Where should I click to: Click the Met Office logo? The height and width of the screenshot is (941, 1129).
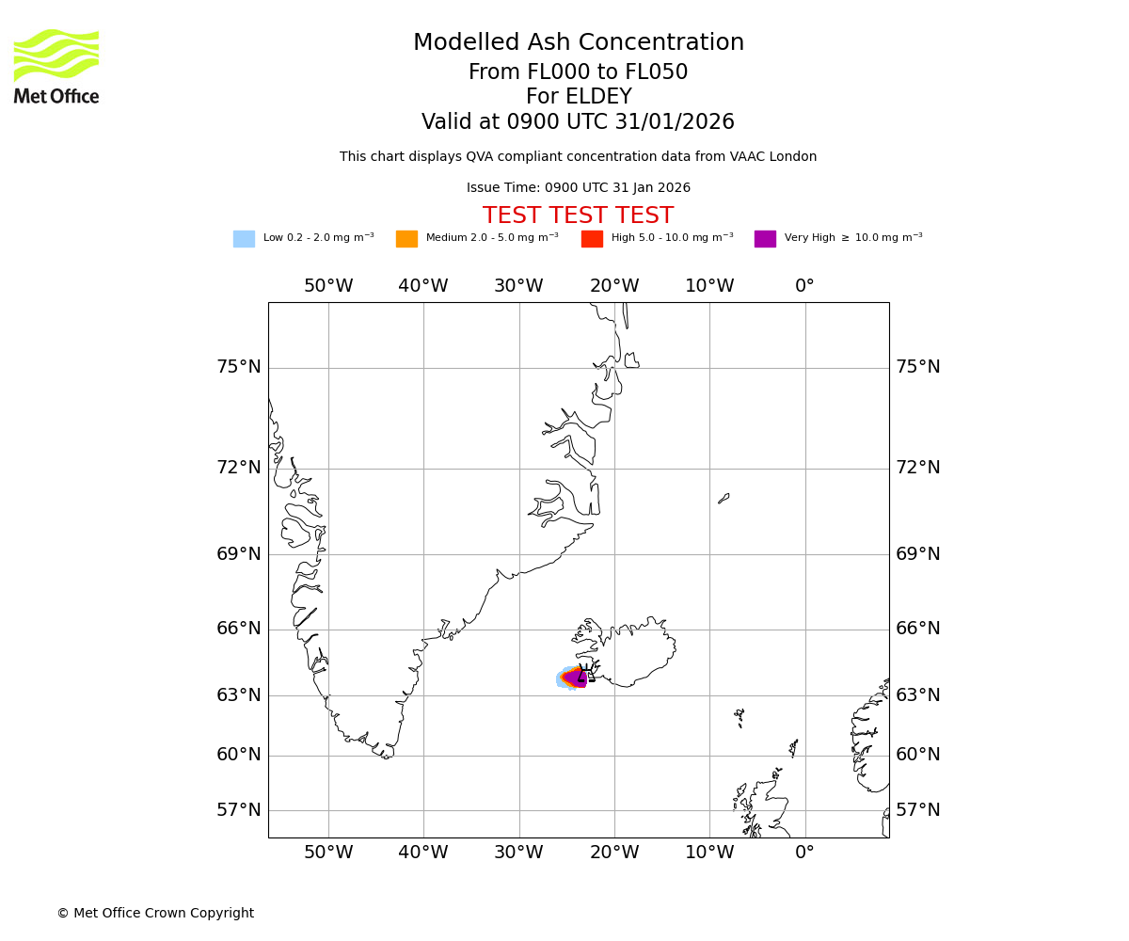[x=56, y=66]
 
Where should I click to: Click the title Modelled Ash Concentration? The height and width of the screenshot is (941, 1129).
[x=579, y=43]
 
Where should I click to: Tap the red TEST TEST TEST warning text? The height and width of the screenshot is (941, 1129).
[x=578, y=215]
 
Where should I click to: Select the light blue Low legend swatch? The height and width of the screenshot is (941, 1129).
[x=244, y=239]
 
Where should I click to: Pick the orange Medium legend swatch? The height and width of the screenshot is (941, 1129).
[x=406, y=239]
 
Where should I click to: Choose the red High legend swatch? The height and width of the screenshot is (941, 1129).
[x=592, y=239]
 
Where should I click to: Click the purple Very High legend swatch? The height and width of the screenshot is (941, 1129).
[x=765, y=239]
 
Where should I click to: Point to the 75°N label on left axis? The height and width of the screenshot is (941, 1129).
[x=239, y=367]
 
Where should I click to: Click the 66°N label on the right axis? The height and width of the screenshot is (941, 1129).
[x=917, y=629]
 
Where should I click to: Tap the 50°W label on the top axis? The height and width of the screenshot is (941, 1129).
[x=328, y=286]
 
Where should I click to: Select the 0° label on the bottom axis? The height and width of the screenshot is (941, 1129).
[x=804, y=853]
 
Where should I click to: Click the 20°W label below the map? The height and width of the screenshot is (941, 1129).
[x=614, y=853]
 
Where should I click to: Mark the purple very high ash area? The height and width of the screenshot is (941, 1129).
[x=577, y=678]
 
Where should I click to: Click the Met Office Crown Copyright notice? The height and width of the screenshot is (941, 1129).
[x=155, y=913]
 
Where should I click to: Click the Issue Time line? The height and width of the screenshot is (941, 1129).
[x=578, y=188]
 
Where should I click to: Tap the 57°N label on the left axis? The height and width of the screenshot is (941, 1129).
[x=239, y=810]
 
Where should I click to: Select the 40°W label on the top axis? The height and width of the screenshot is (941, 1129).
[x=423, y=286]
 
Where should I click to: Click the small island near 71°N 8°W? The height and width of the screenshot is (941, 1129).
[x=724, y=498]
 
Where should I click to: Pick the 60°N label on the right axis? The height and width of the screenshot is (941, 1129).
[x=917, y=755]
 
